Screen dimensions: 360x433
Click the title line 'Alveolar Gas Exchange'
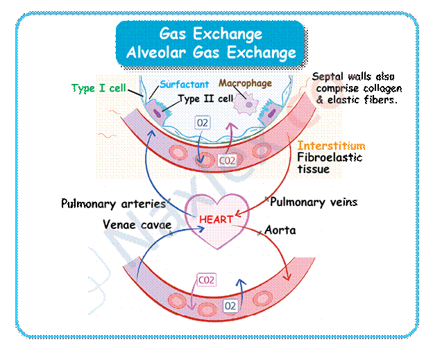(x=211, y=52)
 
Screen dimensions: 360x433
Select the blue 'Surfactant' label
(x=185, y=85)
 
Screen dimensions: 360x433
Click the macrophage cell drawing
(x=246, y=104)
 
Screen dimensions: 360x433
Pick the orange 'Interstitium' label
(x=331, y=146)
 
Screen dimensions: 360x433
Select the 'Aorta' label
(x=280, y=230)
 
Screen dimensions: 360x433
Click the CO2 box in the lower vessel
(x=206, y=280)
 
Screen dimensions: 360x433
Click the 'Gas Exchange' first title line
(x=211, y=33)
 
